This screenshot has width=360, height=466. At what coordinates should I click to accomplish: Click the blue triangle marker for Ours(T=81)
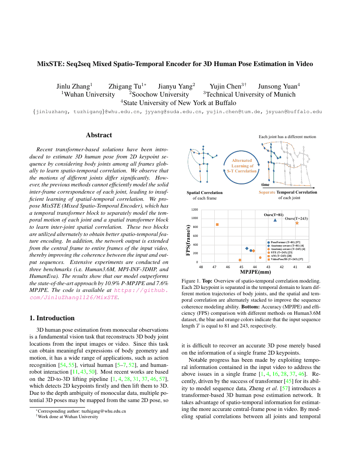point(275,220)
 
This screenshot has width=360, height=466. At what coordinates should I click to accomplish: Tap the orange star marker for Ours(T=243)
point(297,223)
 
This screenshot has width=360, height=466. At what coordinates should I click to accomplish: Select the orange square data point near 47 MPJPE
point(217,225)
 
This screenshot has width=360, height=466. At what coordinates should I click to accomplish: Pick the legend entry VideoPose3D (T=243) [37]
point(287,259)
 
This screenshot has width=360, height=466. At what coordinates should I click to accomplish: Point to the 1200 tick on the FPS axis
point(194,210)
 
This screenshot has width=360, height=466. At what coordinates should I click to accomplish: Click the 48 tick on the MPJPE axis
point(201,267)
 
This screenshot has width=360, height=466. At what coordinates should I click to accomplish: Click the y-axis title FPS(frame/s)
point(188,240)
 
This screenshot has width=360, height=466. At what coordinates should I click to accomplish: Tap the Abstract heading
point(99,135)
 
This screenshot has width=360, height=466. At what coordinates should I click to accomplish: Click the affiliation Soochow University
point(161,94)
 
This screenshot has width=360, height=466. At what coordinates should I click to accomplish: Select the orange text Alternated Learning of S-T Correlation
point(242,166)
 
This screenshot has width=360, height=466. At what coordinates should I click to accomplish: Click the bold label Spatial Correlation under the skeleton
point(205,192)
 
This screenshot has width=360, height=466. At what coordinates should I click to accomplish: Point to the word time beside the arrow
point(265,185)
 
